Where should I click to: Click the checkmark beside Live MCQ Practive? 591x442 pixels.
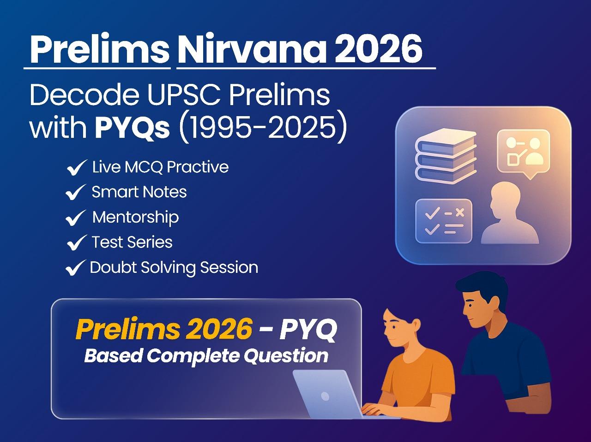77,168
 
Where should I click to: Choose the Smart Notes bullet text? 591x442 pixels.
139,192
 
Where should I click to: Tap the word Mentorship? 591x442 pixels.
135,217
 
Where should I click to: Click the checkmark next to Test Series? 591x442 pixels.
77,242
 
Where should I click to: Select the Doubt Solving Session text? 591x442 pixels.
174,267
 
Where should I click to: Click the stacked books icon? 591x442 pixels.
446,155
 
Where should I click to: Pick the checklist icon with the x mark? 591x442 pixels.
443,221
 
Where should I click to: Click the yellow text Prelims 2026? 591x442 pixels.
163,329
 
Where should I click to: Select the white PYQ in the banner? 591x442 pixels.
309,329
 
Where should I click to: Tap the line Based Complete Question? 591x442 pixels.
206,355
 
